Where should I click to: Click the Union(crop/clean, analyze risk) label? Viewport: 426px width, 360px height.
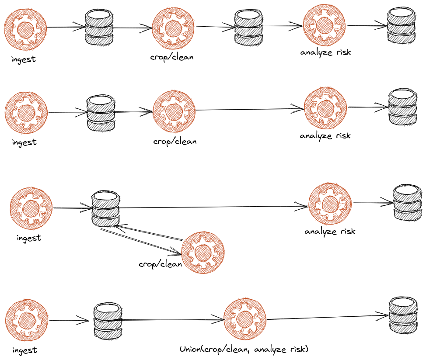click(244, 349)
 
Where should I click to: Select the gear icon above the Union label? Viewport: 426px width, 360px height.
click(245, 319)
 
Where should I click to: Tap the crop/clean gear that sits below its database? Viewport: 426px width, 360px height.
click(203, 252)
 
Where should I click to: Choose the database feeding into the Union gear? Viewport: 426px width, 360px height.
click(108, 321)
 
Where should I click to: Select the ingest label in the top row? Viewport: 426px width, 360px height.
click(24, 59)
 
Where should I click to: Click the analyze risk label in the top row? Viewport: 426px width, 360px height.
click(326, 52)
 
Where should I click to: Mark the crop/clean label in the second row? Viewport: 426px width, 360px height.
click(175, 142)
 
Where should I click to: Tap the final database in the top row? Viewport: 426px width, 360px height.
click(401, 26)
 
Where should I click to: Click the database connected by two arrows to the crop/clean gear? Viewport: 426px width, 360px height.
click(105, 208)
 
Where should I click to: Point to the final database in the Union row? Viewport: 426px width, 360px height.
click(402, 315)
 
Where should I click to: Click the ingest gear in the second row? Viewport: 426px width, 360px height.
click(26, 113)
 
